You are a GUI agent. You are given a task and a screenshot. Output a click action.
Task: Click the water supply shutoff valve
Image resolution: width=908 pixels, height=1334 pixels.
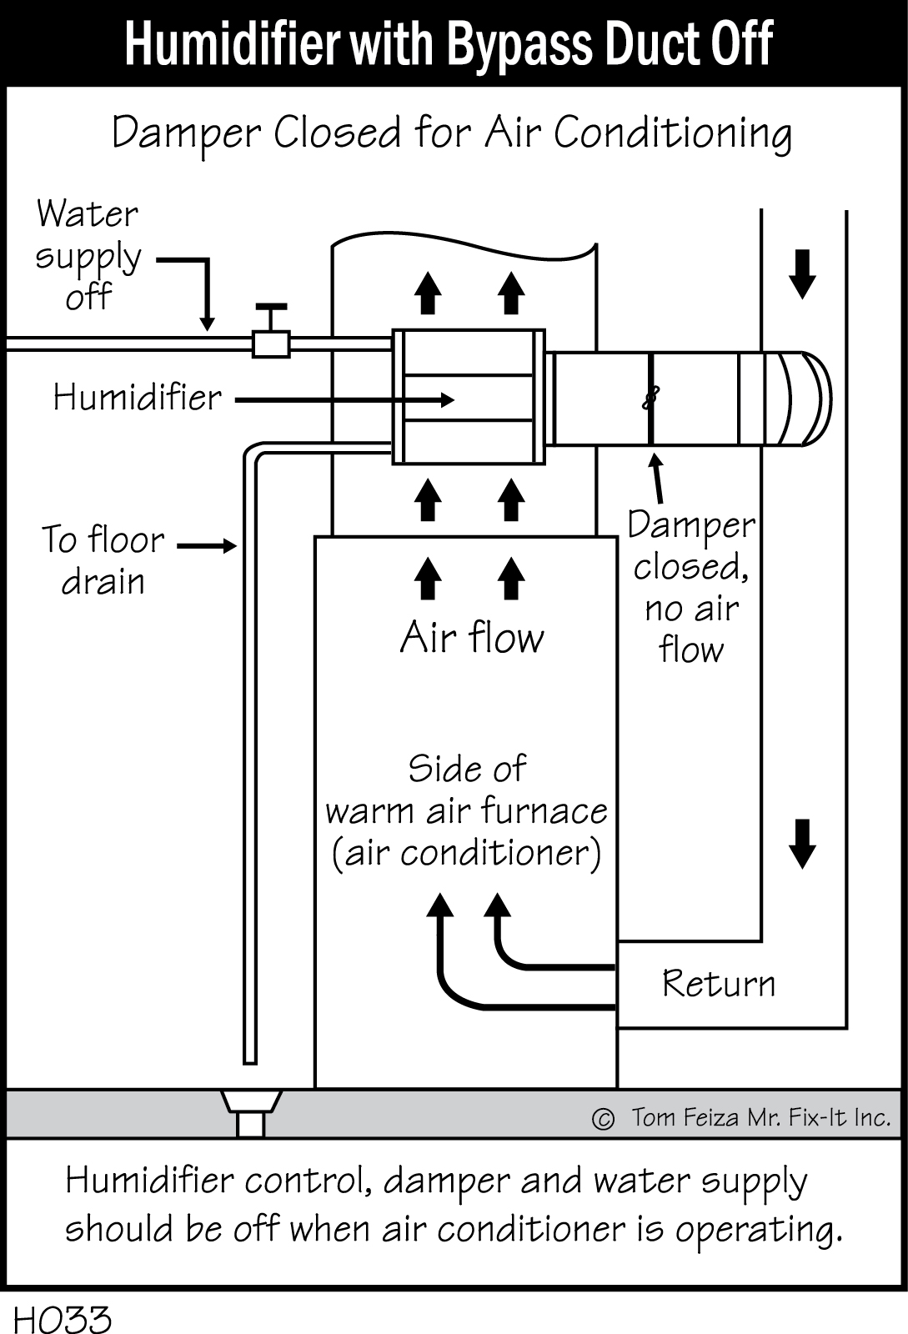(271, 340)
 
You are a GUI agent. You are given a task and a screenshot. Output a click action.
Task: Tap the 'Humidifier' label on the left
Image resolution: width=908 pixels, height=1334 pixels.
(138, 398)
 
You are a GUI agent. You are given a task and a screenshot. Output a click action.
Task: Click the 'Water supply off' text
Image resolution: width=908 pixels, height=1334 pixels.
(88, 255)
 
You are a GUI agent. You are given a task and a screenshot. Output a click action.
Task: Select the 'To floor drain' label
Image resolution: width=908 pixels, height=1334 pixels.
(103, 560)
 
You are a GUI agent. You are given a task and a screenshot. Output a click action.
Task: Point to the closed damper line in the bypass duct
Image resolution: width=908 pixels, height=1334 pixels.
(650, 399)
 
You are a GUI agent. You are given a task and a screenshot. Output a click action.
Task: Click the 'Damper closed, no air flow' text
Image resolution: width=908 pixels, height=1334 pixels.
(691, 587)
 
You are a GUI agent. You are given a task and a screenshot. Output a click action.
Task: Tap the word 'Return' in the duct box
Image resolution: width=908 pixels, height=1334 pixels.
(718, 984)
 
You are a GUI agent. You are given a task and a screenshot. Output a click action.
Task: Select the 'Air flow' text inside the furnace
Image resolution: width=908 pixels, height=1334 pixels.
(472, 639)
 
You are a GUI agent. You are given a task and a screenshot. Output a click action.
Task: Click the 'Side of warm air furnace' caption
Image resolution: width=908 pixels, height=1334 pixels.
(467, 810)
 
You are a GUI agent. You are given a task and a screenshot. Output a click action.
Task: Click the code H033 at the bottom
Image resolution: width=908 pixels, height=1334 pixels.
(63, 1319)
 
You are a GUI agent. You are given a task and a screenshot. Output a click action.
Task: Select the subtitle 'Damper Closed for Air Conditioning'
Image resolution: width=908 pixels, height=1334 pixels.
(452, 133)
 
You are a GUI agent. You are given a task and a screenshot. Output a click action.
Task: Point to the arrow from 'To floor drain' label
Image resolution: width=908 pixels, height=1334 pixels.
(208, 546)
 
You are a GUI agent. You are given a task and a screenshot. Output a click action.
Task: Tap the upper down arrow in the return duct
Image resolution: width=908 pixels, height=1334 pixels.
(802, 273)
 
